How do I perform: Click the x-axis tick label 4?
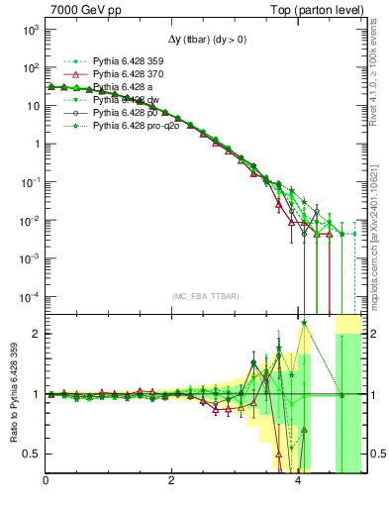click(x=299, y=482)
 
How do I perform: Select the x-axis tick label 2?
click(x=172, y=482)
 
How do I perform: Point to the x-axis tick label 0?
click(x=47, y=482)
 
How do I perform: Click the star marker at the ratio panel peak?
click(x=304, y=322)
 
